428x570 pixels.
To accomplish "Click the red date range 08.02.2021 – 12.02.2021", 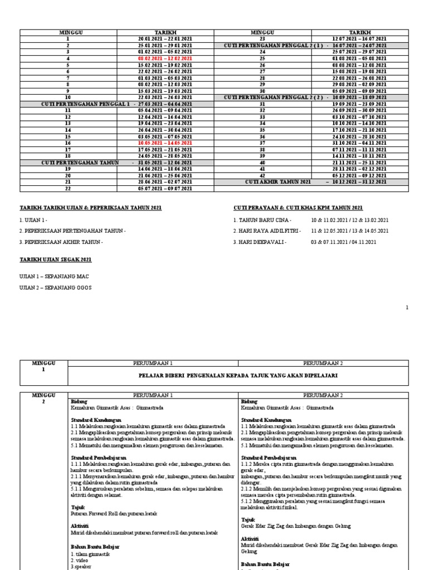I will pos(166,58).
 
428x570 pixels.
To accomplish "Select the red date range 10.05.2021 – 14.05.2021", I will pos(166,142).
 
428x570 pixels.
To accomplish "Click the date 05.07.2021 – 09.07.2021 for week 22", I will pos(166,189).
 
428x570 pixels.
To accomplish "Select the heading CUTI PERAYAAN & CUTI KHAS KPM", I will pos(298,208).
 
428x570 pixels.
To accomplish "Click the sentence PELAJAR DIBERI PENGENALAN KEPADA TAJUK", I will pos(238,375).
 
